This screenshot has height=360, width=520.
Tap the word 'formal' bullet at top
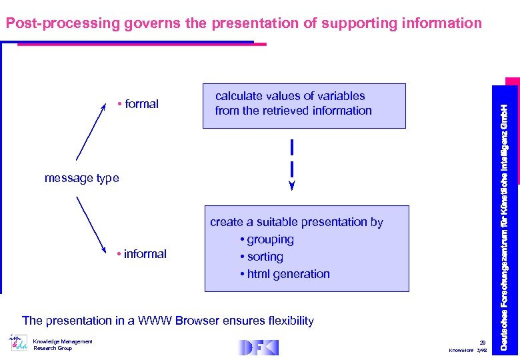[x=141, y=104]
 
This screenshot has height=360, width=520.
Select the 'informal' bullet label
[x=145, y=254]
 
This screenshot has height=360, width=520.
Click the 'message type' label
[x=81, y=178]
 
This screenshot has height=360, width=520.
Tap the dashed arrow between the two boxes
[x=292, y=164]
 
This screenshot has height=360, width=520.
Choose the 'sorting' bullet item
[x=265, y=257]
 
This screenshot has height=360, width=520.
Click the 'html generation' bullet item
[x=288, y=274]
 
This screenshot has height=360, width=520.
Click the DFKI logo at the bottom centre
[x=258, y=347]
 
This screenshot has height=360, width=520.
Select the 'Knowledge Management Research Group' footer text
[x=63, y=345]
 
